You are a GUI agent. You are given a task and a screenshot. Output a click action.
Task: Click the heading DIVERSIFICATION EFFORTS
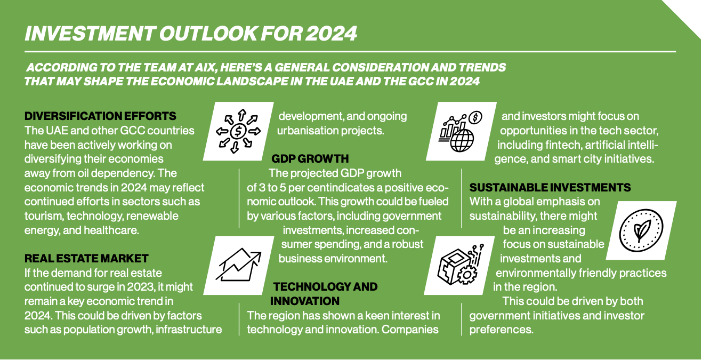tap(100, 116)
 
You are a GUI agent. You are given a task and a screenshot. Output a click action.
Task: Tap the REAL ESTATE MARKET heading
tap(86, 258)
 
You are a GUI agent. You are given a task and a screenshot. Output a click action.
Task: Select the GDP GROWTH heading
tap(310, 159)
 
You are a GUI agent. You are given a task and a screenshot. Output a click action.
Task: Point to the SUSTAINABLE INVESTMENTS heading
tap(550, 188)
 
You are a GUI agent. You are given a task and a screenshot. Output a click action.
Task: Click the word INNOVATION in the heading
tap(304, 301)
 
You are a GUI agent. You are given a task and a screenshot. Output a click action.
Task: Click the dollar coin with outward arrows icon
tap(238, 131)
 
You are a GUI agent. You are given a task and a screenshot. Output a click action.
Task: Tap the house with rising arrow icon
tap(238, 265)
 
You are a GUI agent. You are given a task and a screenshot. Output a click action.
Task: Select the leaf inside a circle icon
tap(641, 230)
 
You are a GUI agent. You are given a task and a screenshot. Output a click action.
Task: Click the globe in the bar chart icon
tap(462, 141)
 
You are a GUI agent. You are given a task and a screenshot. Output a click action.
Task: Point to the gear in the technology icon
tap(467, 275)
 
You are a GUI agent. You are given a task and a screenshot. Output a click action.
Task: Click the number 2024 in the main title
tap(331, 33)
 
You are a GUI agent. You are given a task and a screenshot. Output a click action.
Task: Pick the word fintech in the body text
tap(563, 145)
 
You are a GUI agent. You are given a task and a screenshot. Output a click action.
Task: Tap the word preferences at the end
tap(502, 330)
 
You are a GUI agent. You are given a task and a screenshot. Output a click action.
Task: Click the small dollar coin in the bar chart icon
tap(475, 117)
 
